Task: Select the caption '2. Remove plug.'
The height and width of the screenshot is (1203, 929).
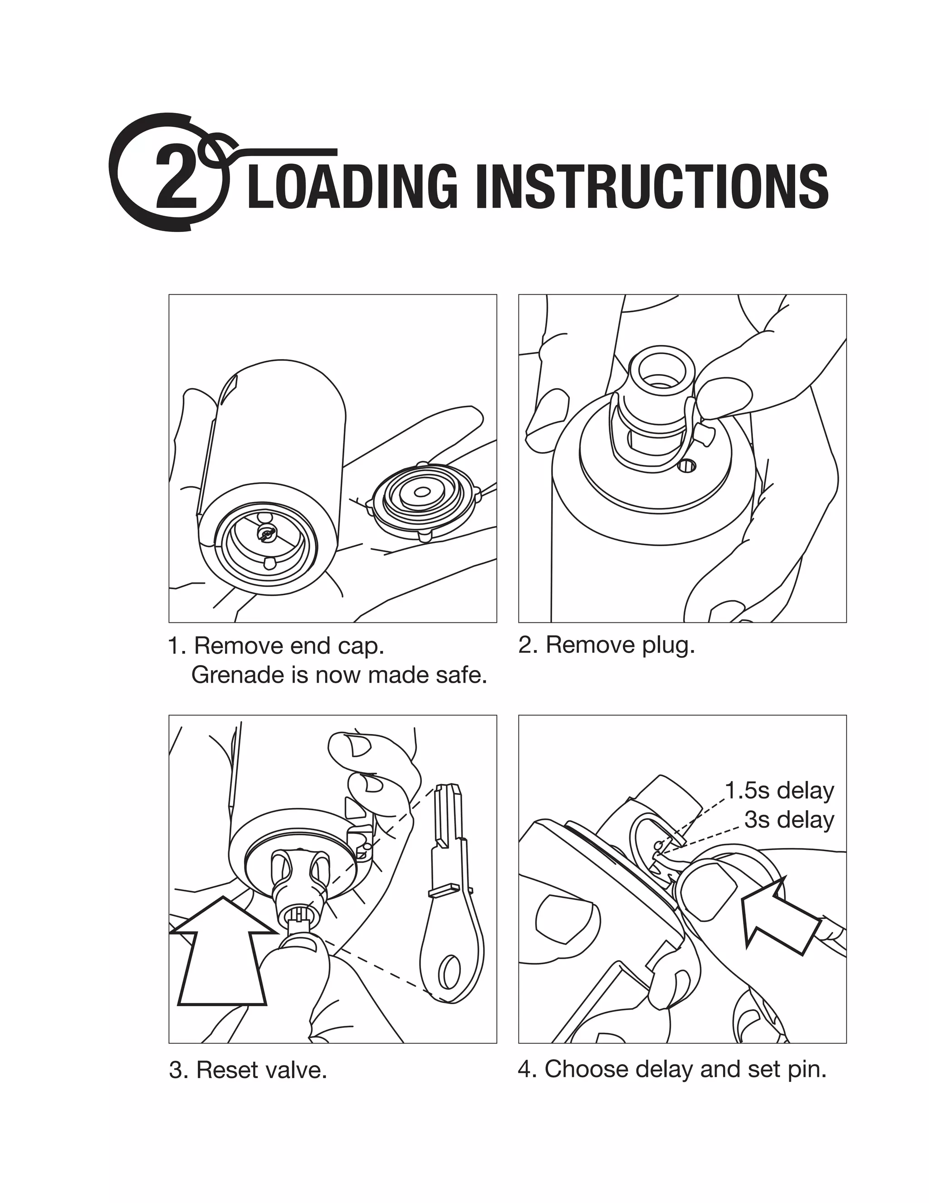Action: coord(606,645)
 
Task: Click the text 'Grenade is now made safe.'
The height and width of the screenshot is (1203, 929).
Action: coord(339,675)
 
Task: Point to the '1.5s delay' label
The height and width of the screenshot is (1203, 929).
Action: coord(779,791)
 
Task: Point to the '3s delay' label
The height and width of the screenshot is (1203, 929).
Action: coord(789,819)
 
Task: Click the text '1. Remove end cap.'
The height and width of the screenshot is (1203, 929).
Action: coord(276,646)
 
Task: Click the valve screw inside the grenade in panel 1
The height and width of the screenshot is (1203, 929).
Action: coord(267,532)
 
